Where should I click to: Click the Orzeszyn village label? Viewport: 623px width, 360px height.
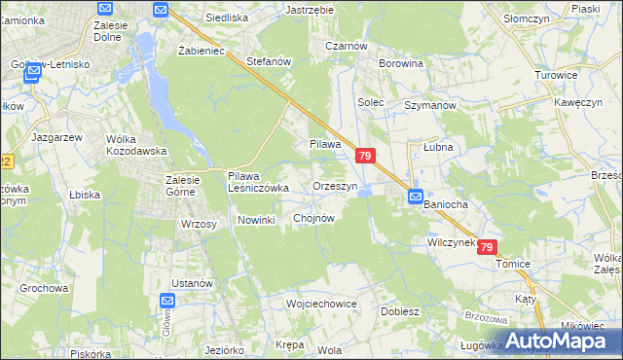point(335,186)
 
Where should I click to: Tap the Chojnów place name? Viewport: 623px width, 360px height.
point(313,219)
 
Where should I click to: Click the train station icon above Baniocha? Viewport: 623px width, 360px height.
point(415,195)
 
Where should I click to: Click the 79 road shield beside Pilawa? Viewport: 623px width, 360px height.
point(365,156)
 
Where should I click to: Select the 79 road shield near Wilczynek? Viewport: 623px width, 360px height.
point(487,248)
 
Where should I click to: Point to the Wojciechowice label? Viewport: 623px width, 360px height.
point(321,304)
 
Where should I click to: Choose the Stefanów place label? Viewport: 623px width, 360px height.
point(270,61)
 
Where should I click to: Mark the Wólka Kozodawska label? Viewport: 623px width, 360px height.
point(137,145)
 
